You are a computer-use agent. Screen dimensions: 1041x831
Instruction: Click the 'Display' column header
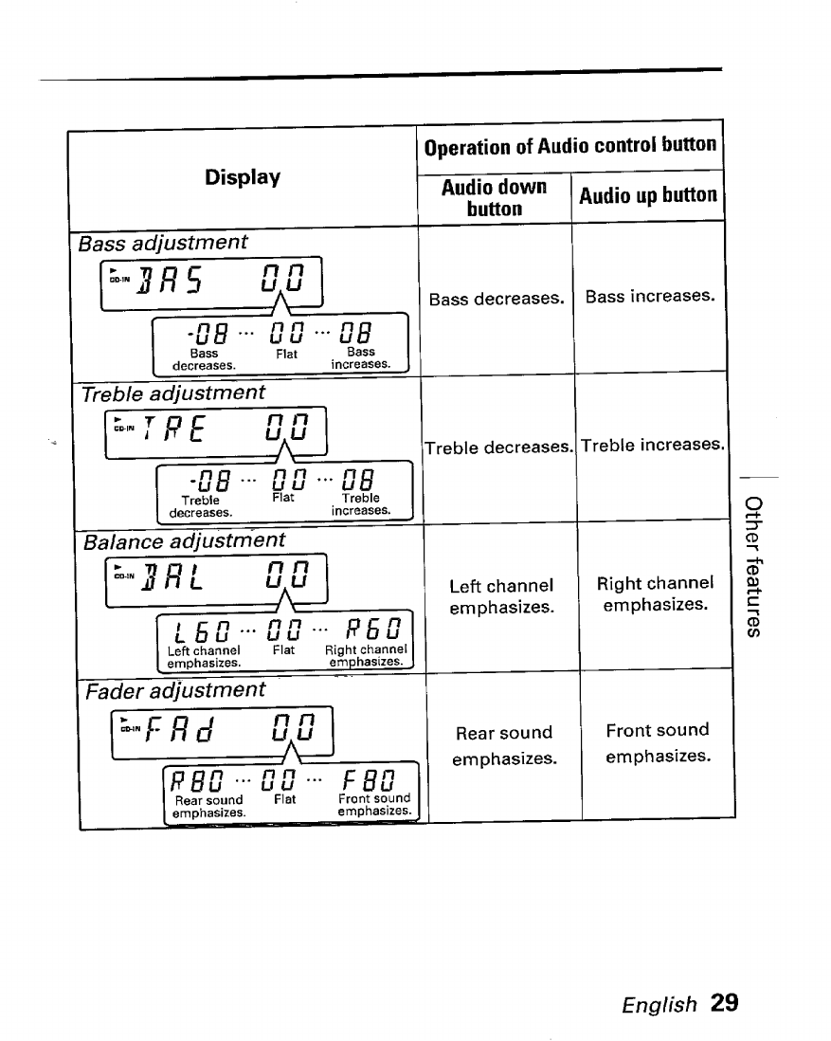coord(243,177)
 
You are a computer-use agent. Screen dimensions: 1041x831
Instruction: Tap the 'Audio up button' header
coord(648,195)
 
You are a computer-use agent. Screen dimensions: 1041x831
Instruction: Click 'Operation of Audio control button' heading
coord(570,145)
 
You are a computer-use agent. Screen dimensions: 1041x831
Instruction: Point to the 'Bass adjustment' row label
coord(163,242)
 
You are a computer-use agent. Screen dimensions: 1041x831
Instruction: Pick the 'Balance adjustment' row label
coord(184,540)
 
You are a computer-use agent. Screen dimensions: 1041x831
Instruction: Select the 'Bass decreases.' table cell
coord(496,300)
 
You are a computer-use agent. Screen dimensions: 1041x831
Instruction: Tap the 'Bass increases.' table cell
coord(649,296)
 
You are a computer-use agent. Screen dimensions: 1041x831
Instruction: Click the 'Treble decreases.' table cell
coord(498,447)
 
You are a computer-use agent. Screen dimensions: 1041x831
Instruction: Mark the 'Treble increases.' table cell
coord(652,444)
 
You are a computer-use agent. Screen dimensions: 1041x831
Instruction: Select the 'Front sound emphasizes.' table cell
coord(657,742)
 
